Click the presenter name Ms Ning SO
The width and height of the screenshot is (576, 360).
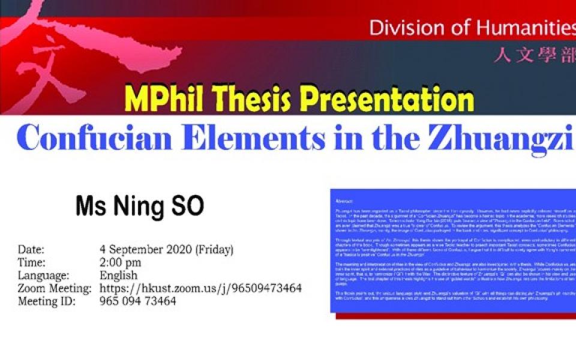tap(139, 206)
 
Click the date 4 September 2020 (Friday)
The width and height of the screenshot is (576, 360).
tap(166, 250)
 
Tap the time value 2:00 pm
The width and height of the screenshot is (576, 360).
tap(121, 263)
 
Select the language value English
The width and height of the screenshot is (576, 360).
tap(118, 275)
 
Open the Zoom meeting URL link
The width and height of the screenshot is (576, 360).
tap(200, 289)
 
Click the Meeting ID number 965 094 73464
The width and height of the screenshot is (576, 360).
tap(138, 302)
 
